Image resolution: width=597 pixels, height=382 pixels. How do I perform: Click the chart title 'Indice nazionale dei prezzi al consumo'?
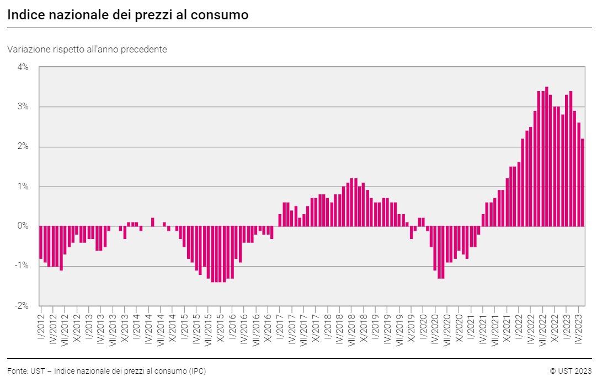pos(127,15)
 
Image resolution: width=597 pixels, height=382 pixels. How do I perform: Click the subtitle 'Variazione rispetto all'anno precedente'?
pos(87,49)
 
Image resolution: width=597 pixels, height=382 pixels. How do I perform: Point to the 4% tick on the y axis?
pos(23,67)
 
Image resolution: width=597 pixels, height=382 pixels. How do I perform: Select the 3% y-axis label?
pos(23,107)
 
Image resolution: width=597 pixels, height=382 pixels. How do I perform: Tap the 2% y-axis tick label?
pos(23,147)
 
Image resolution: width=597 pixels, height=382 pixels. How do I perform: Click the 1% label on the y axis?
pos(23,187)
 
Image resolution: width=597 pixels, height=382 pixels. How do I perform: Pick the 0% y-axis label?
pos(23,226)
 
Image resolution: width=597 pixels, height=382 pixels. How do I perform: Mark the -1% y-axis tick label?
pos(22,266)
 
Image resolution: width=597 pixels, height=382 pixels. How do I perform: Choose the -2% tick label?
pos(22,306)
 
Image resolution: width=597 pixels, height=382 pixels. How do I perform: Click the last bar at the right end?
pos(583,182)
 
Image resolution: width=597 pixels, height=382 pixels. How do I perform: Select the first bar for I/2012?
pos(41,242)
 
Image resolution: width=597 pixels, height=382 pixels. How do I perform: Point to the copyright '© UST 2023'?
pos(571,371)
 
